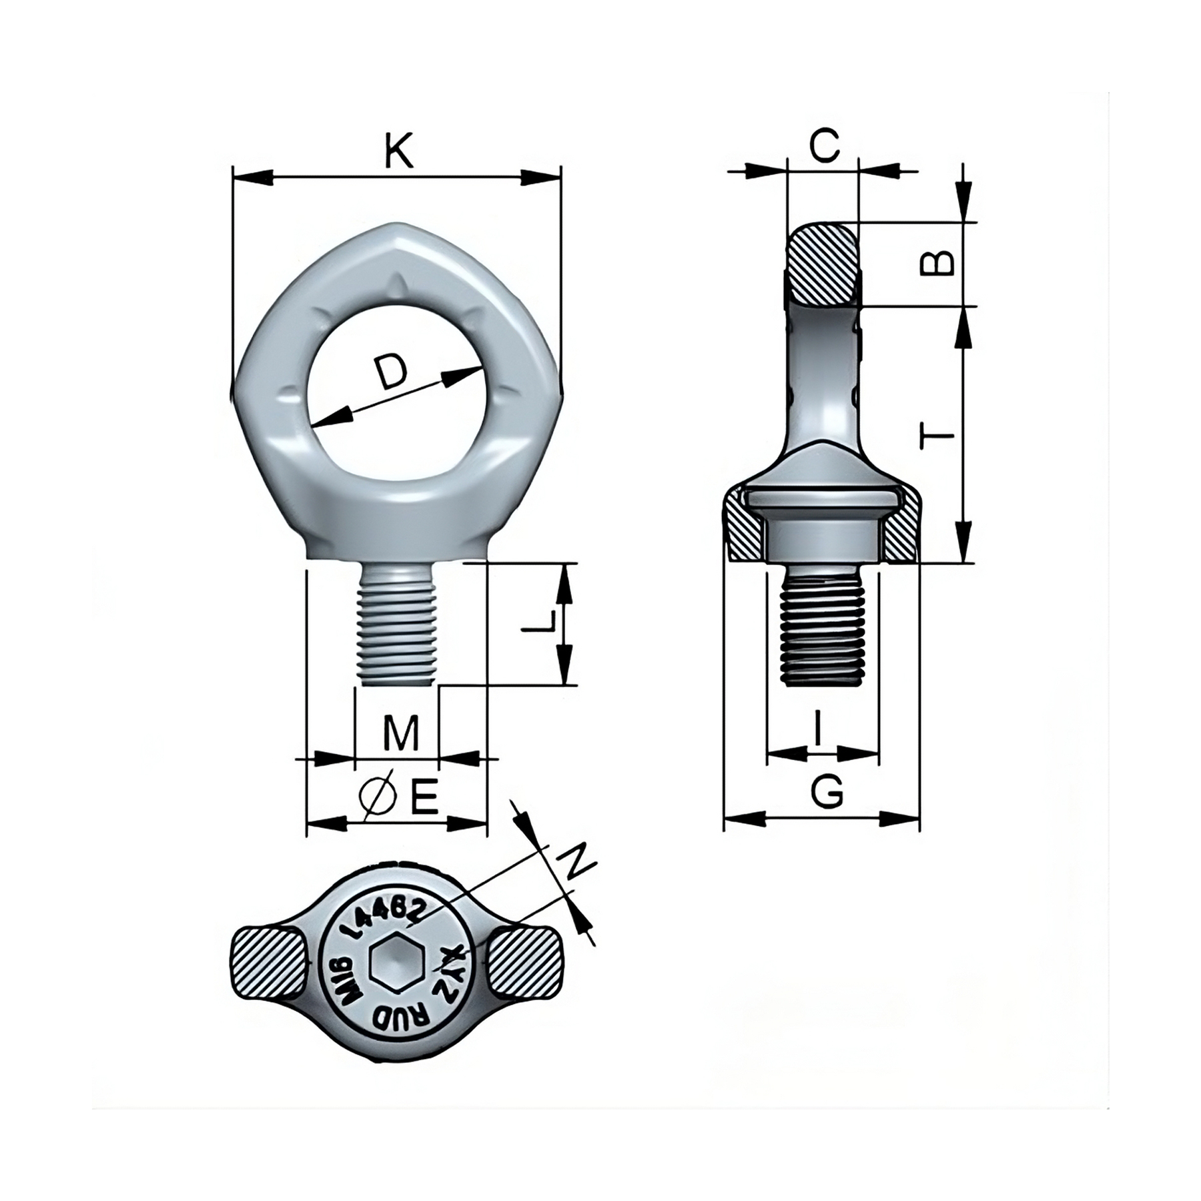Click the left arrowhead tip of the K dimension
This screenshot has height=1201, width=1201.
pyautogui.click(x=232, y=177)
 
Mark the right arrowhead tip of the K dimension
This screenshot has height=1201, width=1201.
pyautogui.click(x=561, y=177)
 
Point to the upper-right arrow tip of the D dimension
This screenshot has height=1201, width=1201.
pyautogui.click(x=482, y=368)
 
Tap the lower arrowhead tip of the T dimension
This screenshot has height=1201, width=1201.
pyautogui.click(x=962, y=562)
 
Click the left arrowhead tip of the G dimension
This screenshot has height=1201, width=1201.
pyautogui.click(x=725, y=818)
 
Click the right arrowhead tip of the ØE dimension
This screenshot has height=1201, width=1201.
pyautogui.click(x=487, y=823)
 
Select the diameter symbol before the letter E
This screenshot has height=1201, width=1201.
pyautogui.click(x=376, y=797)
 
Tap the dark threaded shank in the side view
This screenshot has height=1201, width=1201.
pyautogui.click(x=823, y=627)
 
